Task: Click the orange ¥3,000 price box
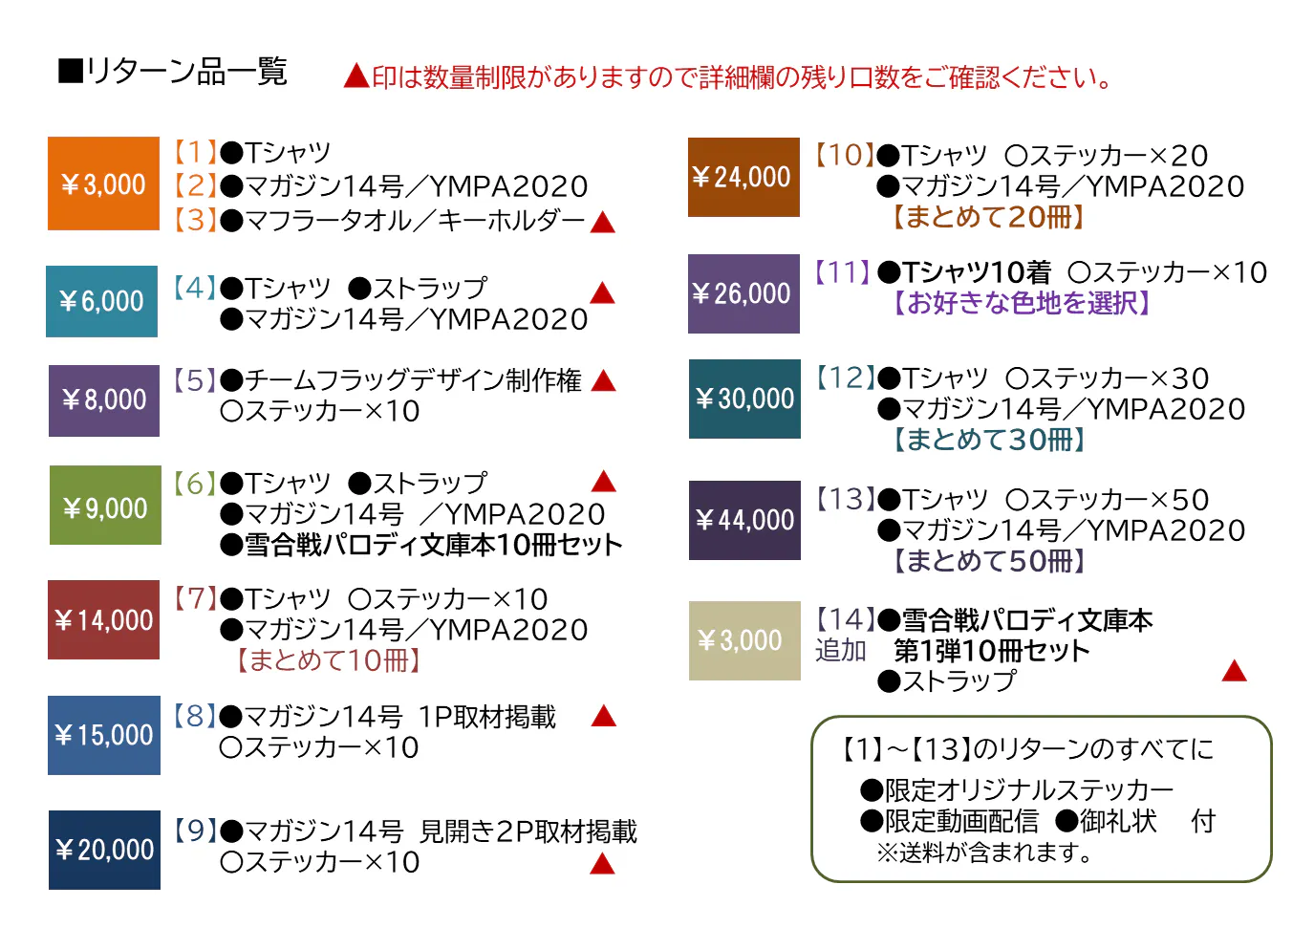click(x=103, y=183)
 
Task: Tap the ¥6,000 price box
click(x=101, y=301)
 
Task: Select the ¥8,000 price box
click(x=104, y=400)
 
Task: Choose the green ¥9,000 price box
click(x=105, y=506)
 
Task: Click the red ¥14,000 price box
click(x=103, y=620)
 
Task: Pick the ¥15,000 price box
click(x=103, y=735)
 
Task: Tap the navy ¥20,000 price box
click(x=104, y=850)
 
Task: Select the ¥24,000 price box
click(x=743, y=177)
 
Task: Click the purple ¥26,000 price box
click(x=743, y=293)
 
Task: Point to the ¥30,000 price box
click(x=744, y=399)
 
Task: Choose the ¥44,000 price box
click(x=744, y=520)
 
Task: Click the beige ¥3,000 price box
click(x=744, y=640)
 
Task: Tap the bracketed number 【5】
click(x=195, y=380)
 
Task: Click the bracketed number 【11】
click(x=842, y=272)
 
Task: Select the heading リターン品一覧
click(x=173, y=72)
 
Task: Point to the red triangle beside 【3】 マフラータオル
click(x=602, y=224)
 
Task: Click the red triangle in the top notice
click(x=356, y=76)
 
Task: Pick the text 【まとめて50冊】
click(x=988, y=561)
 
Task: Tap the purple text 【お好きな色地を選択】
click(x=1020, y=304)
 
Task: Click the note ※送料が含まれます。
click(x=985, y=852)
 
